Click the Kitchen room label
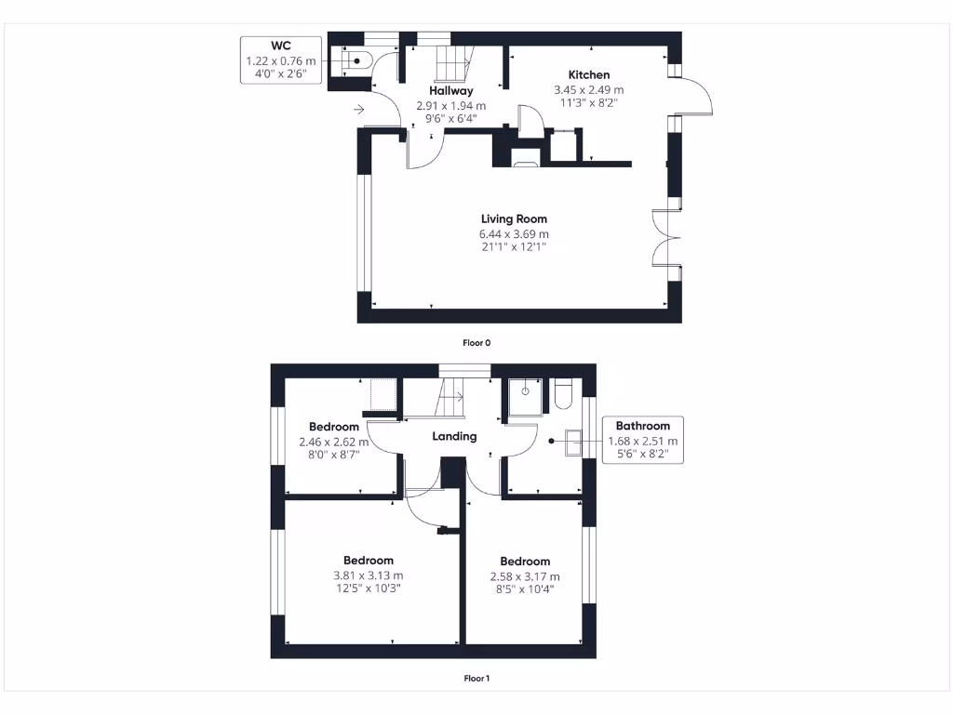pyautogui.click(x=589, y=75)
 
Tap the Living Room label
pyautogui.click(x=514, y=219)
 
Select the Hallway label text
pyautogui.click(x=451, y=91)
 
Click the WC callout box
pyautogui.click(x=281, y=60)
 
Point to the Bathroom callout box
pyautogui.click(x=642, y=441)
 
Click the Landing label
pyautogui.click(x=454, y=436)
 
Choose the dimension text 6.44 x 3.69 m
pyautogui.click(x=514, y=234)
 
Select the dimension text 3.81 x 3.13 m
pyautogui.click(x=369, y=575)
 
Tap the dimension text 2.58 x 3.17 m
pyautogui.click(x=525, y=576)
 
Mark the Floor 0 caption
pyautogui.click(x=476, y=343)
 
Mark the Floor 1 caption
pyautogui.click(x=476, y=679)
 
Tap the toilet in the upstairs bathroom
pyautogui.click(x=563, y=395)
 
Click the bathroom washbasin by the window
pyautogui.click(x=572, y=442)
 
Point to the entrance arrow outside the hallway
pyautogui.click(x=359, y=111)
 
